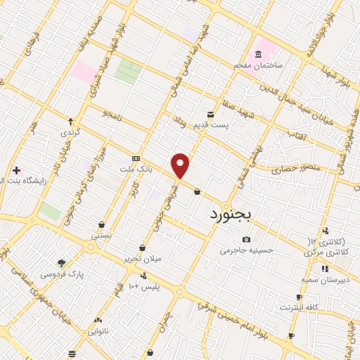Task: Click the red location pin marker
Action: pyautogui.click(x=181, y=165)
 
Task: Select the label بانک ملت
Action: pyautogui.click(x=136, y=169)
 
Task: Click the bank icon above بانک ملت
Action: pyautogui.click(x=136, y=159)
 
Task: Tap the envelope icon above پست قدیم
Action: pyautogui.click(x=210, y=115)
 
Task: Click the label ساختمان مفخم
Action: pyautogui.click(x=259, y=65)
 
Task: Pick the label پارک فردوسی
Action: pyautogui.click(x=62, y=274)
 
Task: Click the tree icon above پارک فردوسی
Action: pyautogui.click(x=62, y=263)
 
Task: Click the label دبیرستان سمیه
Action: pyautogui.click(x=324, y=279)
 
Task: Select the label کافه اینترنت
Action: pyautogui.click(x=300, y=307)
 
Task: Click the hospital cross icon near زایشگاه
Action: pyautogui.click(x=16, y=171)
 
